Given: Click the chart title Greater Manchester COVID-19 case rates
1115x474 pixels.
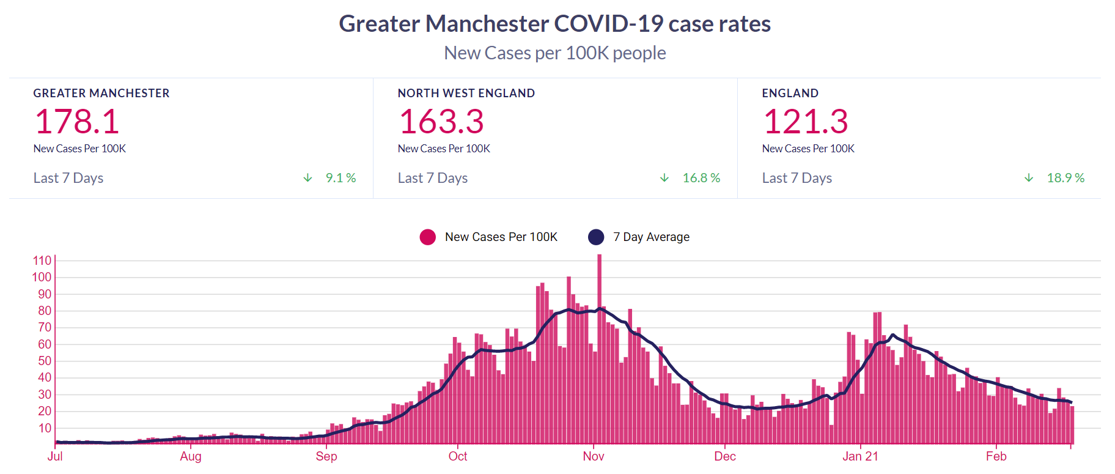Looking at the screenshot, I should click(554, 24).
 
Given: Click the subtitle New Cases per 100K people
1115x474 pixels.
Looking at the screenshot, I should click(554, 53).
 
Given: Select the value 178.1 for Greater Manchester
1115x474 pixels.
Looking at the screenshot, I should click(77, 121).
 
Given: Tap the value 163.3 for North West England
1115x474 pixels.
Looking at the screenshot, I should click(441, 121).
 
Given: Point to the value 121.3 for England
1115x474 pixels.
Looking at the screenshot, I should click(806, 121).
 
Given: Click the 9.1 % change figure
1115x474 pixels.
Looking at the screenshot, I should click(340, 178).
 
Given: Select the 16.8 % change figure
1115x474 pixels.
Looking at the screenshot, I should click(701, 178).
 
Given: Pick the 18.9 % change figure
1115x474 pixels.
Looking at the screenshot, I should click(1065, 178).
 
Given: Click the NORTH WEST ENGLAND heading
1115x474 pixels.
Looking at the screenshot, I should click(466, 93).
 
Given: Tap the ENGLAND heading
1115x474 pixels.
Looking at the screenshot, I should click(790, 93).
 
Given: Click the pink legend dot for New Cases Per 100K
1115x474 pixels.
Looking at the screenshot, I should click(428, 237).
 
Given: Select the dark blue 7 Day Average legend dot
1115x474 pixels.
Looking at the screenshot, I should click(596, 237).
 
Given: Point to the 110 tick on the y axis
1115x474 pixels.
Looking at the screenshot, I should click(42, 261).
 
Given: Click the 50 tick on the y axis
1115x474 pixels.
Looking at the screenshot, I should click(45, 361).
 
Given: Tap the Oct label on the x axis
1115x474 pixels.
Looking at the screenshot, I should click(458, 456).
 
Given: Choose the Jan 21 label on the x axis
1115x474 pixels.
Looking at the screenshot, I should click(860, 456).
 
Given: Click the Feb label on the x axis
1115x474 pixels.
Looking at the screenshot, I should click(996, 456).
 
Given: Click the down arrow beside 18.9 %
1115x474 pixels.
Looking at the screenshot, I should click(1029, 178).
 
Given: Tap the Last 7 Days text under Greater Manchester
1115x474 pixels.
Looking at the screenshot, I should click(68, 178).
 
